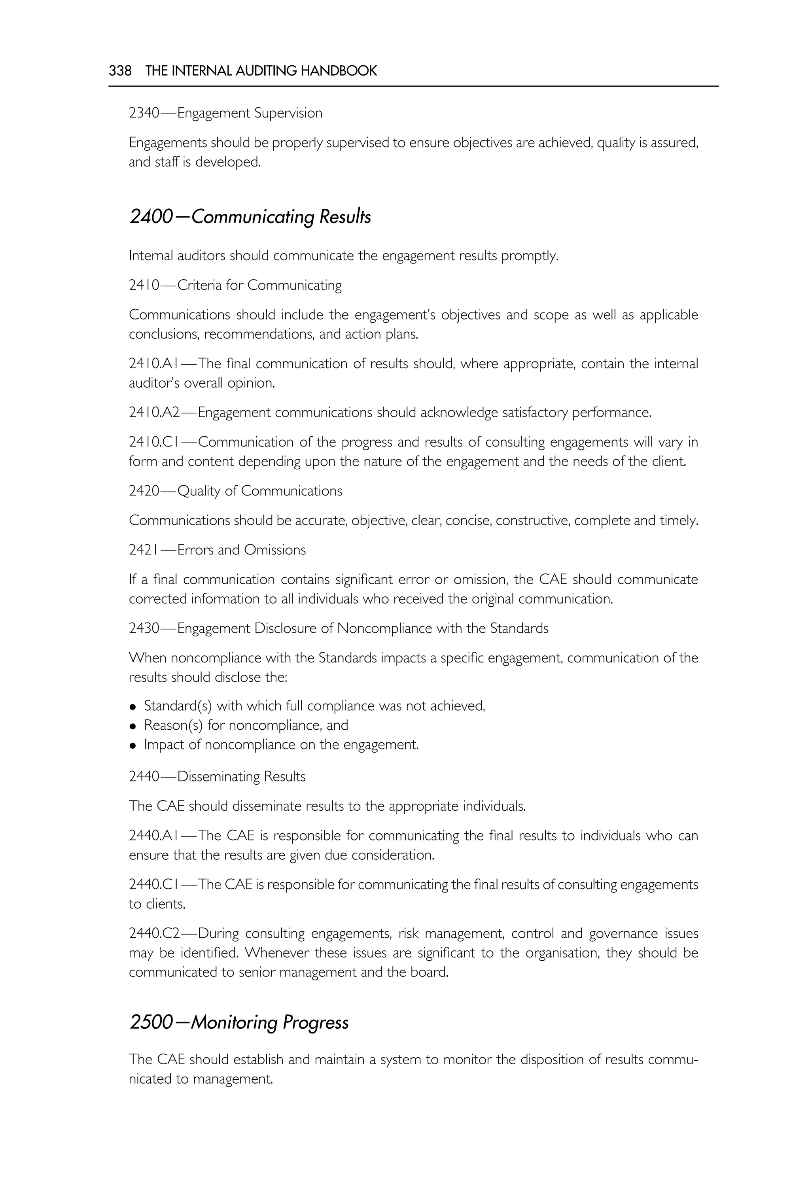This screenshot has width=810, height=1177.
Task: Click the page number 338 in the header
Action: click(120, 70)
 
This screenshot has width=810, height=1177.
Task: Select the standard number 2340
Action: click(144, 113)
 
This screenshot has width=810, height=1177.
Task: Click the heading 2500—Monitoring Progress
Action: click(238, 1022)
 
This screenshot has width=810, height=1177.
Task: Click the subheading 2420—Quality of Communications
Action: click(235, 491)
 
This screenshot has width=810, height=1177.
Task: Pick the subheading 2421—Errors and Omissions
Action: click(217, 550)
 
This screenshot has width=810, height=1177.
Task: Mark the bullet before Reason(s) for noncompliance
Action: click(133, 726)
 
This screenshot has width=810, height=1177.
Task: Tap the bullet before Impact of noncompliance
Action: click(133, 745)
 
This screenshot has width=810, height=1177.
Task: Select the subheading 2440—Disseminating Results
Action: click(217, 776)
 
